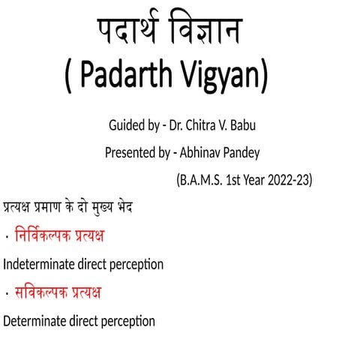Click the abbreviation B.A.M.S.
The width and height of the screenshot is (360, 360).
coord(202,181)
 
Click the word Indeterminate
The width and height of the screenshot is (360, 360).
coord(37,264)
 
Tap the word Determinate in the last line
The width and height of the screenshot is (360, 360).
coord(34,321)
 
